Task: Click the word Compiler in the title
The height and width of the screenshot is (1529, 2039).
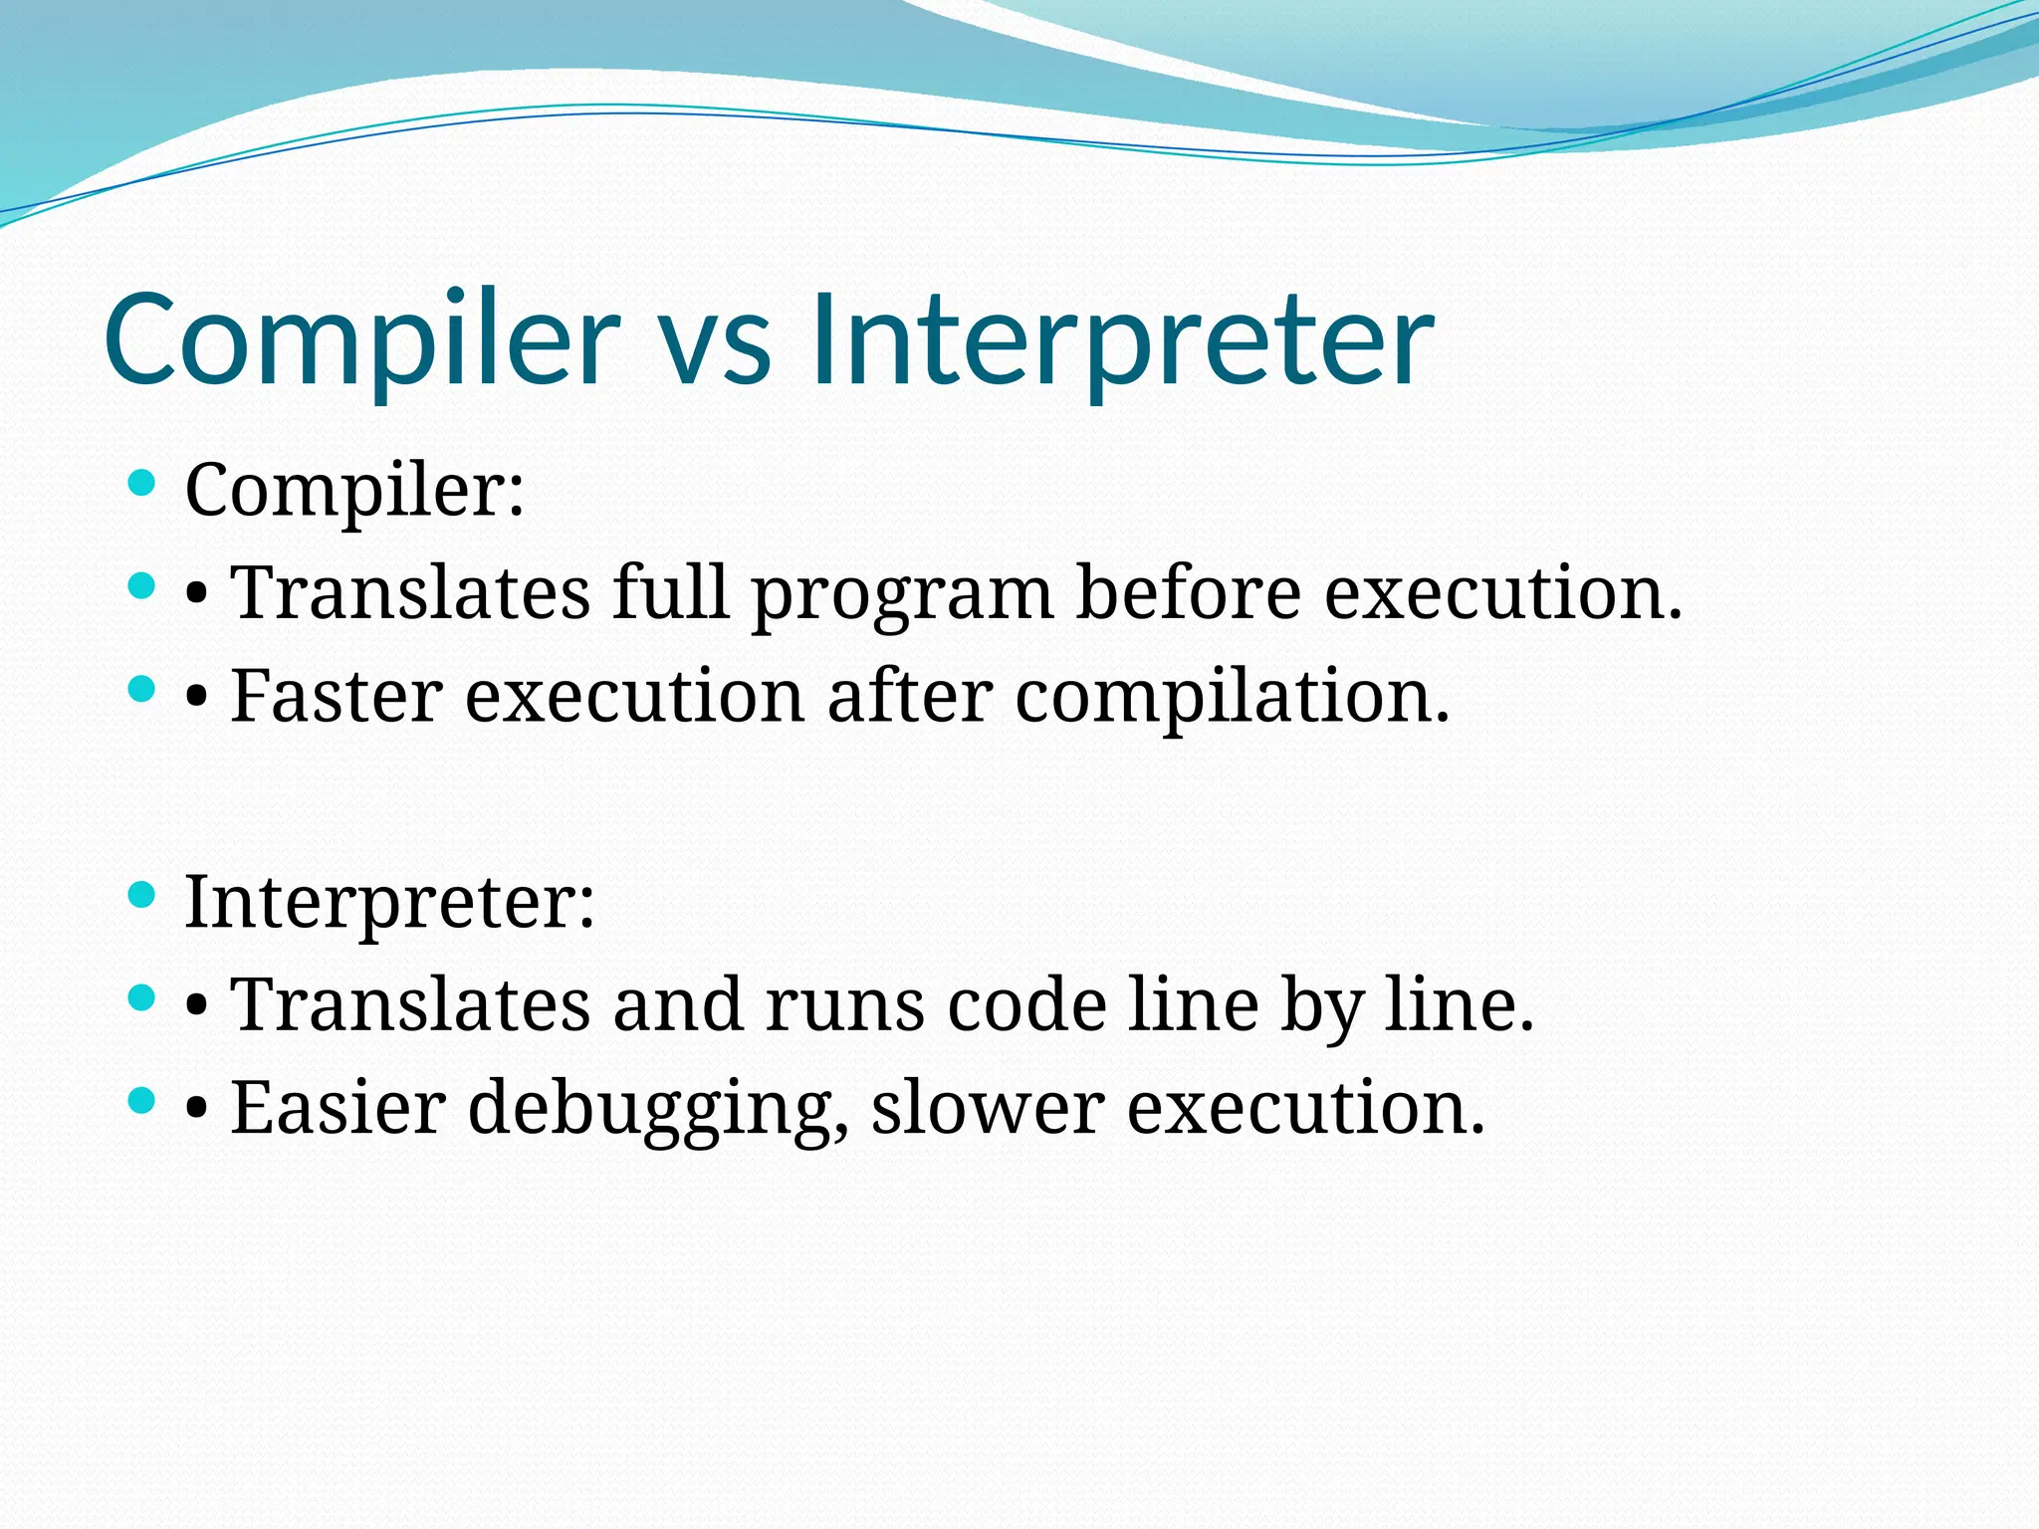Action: pos(361,340)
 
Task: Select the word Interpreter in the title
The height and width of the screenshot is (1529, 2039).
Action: pos(1122,340)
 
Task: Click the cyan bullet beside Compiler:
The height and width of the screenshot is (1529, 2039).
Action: pos(143,484)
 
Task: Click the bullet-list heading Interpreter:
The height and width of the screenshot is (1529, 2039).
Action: pos(389,904)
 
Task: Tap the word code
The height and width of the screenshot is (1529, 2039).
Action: pos(1026,1005)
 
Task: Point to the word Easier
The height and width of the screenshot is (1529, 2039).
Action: pos(338,1107)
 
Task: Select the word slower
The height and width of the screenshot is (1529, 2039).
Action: pos(988,1107)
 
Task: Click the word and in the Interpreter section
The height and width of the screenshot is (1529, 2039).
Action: pos(677,1004)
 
